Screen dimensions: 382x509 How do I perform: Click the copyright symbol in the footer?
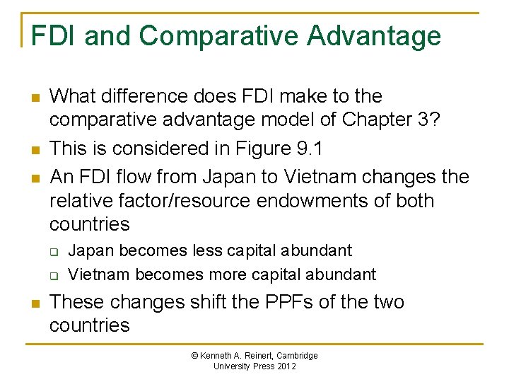tap(195, 356)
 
